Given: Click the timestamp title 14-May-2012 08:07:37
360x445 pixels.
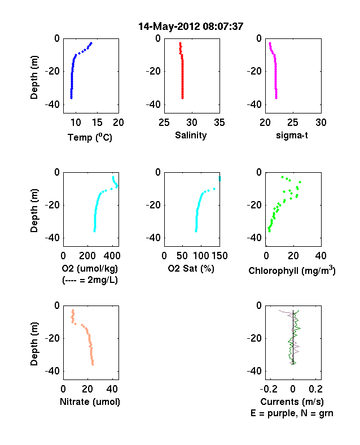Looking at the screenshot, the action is [191, 27].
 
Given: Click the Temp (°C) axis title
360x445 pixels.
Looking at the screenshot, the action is [90, 137].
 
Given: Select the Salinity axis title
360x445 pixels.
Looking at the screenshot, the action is [191, 135].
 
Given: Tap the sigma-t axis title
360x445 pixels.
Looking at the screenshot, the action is [292, 136].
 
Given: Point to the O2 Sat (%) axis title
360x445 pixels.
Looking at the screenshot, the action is [191, 268].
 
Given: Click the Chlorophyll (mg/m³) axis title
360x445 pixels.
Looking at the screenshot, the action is [292, 271].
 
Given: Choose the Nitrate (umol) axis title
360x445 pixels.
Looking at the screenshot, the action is [90, 402].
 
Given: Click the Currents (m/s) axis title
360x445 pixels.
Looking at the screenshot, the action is [292, 402].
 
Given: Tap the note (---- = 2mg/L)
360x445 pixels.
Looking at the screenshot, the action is [90, 280].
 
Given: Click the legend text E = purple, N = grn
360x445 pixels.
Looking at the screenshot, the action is [292, 413].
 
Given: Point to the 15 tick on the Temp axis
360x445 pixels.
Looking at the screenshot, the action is [97, 123].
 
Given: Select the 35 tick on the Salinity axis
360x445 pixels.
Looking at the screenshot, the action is [219, 123].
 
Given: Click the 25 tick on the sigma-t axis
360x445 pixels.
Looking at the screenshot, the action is [293, 123].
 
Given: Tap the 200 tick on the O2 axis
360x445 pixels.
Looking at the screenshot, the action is [87, 256].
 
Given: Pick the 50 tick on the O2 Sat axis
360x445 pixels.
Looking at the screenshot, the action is [182, 256].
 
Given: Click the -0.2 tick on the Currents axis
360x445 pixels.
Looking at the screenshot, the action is [269, 389].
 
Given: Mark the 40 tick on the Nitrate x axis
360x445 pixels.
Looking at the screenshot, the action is [112, 389].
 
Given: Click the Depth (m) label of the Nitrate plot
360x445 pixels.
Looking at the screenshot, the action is [34, 344].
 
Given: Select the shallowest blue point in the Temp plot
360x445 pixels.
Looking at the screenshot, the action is [91, 43].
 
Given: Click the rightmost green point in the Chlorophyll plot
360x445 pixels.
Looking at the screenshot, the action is [300, 182].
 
